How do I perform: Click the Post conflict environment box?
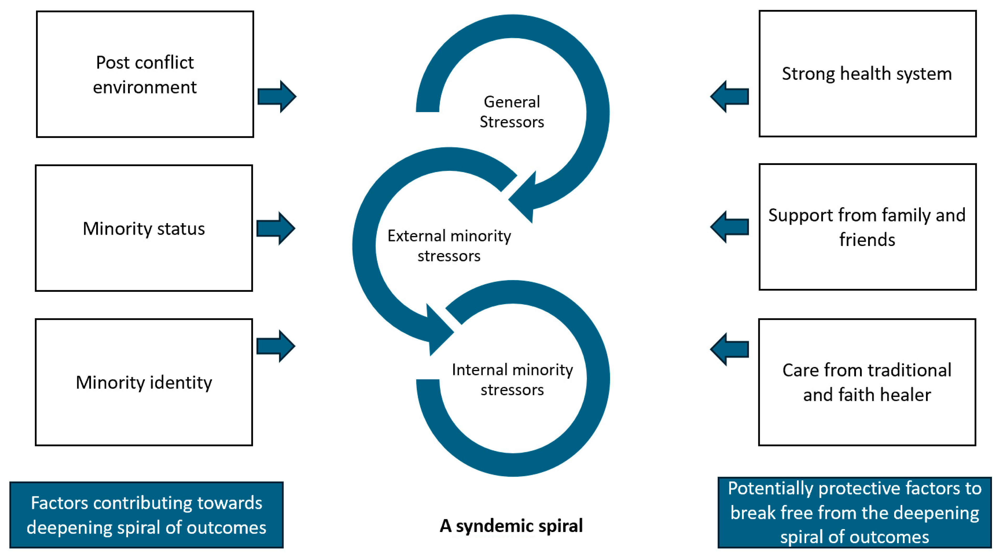(145, 74)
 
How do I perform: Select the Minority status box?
(144, 228)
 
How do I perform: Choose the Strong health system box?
(867, 74)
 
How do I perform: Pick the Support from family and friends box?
(867, 227)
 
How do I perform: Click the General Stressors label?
(512, 112)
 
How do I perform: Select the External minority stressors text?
(449, 245)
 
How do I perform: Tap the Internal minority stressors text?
(512, 379)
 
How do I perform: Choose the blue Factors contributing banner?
(146, 515)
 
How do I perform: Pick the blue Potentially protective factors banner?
(854, 512)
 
